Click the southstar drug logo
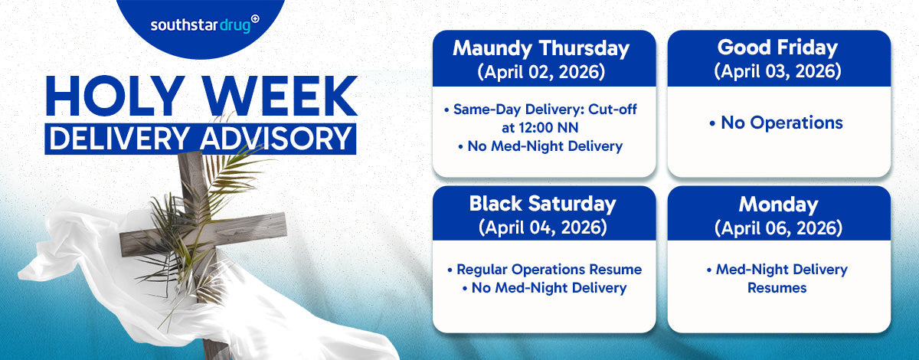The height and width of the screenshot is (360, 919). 204,25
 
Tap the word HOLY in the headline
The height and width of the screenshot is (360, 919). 116,96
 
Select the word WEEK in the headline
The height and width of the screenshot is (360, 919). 280,96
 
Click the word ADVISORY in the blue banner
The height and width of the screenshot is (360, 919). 276,139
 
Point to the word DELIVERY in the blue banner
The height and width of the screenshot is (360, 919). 119,139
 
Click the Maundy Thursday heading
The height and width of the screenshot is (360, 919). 541,49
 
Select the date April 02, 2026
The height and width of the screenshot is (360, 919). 541,72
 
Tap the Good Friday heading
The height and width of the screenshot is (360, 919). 777,47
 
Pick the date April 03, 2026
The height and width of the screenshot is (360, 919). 777,71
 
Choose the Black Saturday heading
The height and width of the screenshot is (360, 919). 542,204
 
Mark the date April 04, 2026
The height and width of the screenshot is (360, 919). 542,227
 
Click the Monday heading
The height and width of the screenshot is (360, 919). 778,205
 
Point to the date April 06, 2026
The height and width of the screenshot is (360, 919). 778,228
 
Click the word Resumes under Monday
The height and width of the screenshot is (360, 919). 777,288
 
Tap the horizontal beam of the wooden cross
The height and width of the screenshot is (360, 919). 203,234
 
